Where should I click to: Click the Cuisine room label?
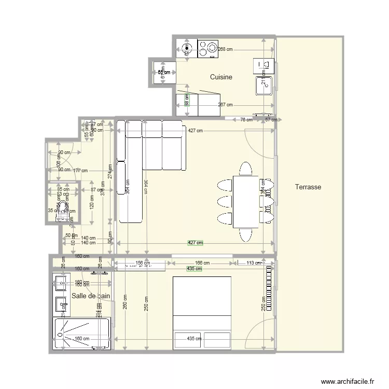point(221,77)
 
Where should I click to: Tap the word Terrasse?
point(308,187)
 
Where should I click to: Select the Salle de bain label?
point(91,296)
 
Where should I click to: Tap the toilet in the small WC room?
point(63,209)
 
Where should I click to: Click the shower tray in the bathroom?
point(81,334)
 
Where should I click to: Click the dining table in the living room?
point(246,202)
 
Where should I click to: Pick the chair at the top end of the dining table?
point(246,169)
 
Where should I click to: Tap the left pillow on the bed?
point(188,339)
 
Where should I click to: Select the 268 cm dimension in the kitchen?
point(225,49)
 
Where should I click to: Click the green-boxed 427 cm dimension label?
point(195,243)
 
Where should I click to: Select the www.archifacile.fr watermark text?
point(348,381)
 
